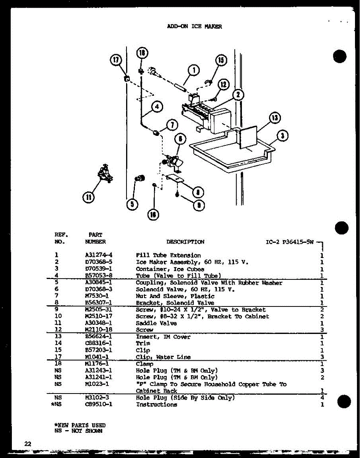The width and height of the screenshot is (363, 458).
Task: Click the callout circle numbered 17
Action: pyautogui.click(x=116, y=60)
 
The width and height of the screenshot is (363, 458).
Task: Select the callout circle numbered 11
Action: pyautogui.click(x=89, y=197)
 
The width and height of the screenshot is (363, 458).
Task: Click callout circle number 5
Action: pyautogui.click(x=132, y=205)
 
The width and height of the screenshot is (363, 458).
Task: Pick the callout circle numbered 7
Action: pyautogui.click(x=172, y=124)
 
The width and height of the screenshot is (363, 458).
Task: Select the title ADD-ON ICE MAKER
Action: pyautogui.click(x=194, y=26)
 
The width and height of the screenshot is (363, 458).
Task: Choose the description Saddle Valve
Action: pyautogui.click(x=156, y=323)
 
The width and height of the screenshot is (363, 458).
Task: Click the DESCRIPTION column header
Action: pyautogui.click(x=185, y=242)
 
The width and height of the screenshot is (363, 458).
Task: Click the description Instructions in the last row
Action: pyautogui.click(x=156, y=405)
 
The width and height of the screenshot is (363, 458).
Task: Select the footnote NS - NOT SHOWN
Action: pyautogui.click(x=78, y=431)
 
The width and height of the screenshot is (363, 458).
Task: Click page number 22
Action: pyautogui.click(x=28, y=443)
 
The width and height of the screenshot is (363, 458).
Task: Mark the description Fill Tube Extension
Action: pyautogui.click(x=168, y=255)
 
